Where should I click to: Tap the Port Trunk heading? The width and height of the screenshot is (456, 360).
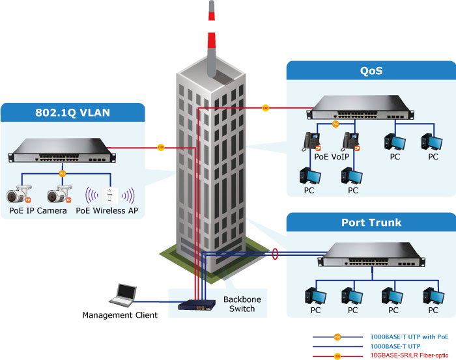coord(371,223)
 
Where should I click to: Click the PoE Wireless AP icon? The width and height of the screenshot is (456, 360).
coord(111,194)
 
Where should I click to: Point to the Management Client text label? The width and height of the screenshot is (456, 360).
coord(120,316)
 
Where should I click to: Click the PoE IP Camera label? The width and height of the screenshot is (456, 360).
coord(38,210)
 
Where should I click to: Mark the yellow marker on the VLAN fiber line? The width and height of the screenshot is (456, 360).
coord(161,148)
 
